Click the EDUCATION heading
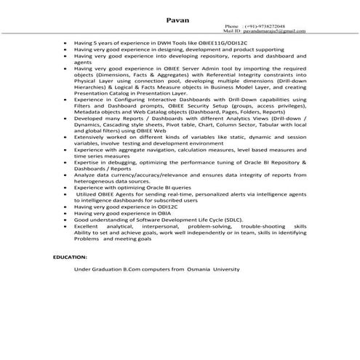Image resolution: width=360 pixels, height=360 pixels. [70, 257]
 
